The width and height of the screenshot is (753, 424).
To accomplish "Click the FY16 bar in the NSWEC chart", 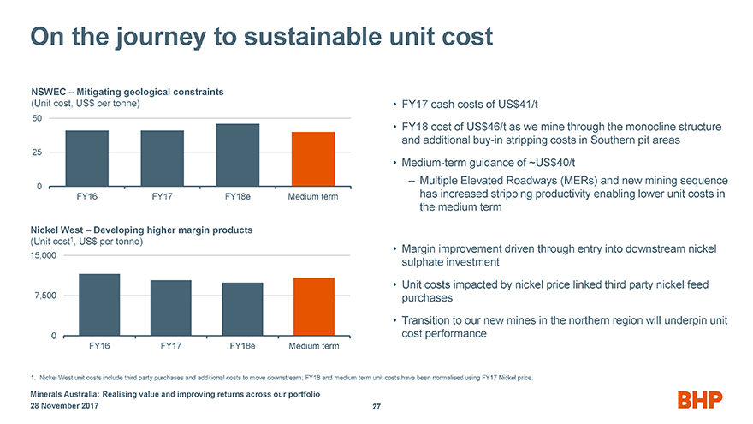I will [x=87, y=158].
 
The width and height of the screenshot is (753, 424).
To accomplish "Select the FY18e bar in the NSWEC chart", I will [x=238, y=155].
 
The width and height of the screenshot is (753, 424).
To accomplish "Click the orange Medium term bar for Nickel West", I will [x=313, y=306].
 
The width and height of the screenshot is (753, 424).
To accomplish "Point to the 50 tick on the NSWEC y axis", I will [x=37, y=117].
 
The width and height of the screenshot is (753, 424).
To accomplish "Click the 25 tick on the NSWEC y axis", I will [x=37, y=152].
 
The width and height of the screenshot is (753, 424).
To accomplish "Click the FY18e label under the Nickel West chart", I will [x=243, y=346].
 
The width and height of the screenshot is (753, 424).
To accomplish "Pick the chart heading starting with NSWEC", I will [x=127, y=92].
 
